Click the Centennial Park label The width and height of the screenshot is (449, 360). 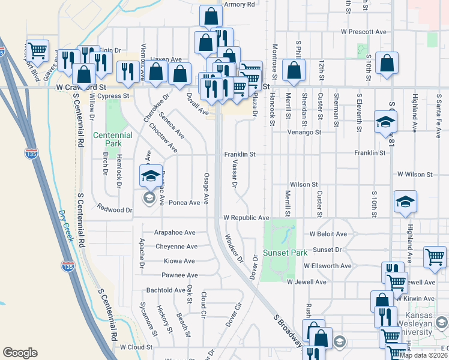(112, 140)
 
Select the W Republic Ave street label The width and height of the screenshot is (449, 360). (246, 218)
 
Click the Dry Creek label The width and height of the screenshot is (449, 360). (67, 224)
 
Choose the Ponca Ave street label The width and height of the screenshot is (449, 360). (184, 203)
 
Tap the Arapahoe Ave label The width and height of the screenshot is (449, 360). (175, 232)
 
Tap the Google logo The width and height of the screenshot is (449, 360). (20, 353)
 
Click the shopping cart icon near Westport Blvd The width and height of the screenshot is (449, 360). (37, 50)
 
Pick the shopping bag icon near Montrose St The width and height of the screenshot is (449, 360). (294, 70)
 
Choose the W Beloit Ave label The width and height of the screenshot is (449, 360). (328, 234)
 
